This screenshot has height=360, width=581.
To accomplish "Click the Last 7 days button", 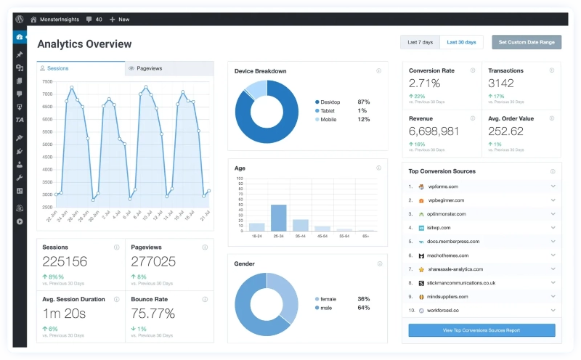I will (420, 42).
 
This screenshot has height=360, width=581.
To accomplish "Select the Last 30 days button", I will (461, 42).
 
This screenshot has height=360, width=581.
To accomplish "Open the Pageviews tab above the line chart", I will (148, 68).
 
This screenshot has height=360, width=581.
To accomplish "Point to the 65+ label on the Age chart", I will (365, 237).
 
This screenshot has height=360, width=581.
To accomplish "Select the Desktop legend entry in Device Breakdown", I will (330, 102).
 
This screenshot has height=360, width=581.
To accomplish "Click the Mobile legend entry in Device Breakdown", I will (328, 119).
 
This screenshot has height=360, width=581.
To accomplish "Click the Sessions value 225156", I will (65, 262).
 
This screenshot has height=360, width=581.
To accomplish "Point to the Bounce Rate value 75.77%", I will (153, 314).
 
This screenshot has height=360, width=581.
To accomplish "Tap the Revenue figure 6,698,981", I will (434, 131).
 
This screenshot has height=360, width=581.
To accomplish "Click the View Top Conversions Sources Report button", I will (482, 330).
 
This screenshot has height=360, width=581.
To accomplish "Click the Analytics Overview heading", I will (84, 44).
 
